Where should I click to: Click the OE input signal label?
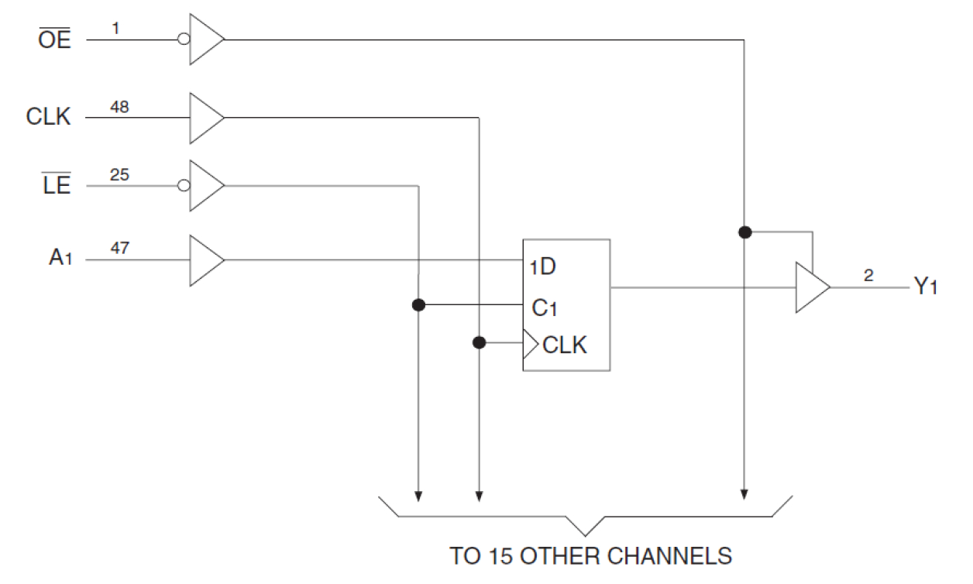point(54,40)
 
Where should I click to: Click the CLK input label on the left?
point(48,117)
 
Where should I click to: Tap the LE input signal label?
point(57,186)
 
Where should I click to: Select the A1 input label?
point(60,258)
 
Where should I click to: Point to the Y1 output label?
point(926,287)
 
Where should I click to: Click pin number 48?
point(119,106)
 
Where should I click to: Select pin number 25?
point(119,175)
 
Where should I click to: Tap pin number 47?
point(119,249)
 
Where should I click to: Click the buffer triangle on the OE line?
point(205,39)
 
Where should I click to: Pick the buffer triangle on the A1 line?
point(205,260)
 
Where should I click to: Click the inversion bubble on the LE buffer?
point(184,186)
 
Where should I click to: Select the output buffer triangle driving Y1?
point(810,287)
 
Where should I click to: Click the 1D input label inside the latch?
point(543,267)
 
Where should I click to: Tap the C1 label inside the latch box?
point(545,307)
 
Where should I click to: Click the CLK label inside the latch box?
point(565,345)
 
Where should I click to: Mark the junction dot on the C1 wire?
point(418,305)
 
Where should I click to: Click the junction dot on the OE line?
point(744,232)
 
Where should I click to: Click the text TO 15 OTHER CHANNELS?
point(590,556)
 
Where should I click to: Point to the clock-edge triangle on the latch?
point(530,343)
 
